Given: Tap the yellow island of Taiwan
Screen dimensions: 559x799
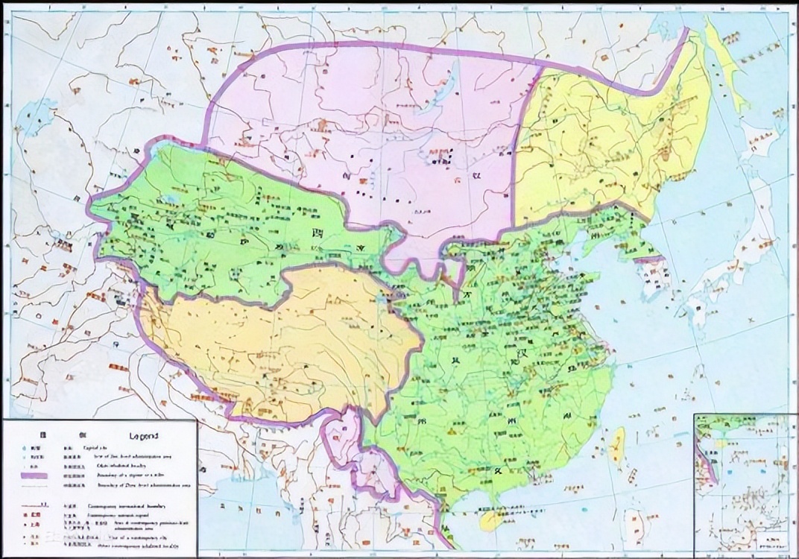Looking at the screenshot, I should tap(618, 446).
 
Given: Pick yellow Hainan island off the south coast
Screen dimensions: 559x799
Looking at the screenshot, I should tap(490, 519).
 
